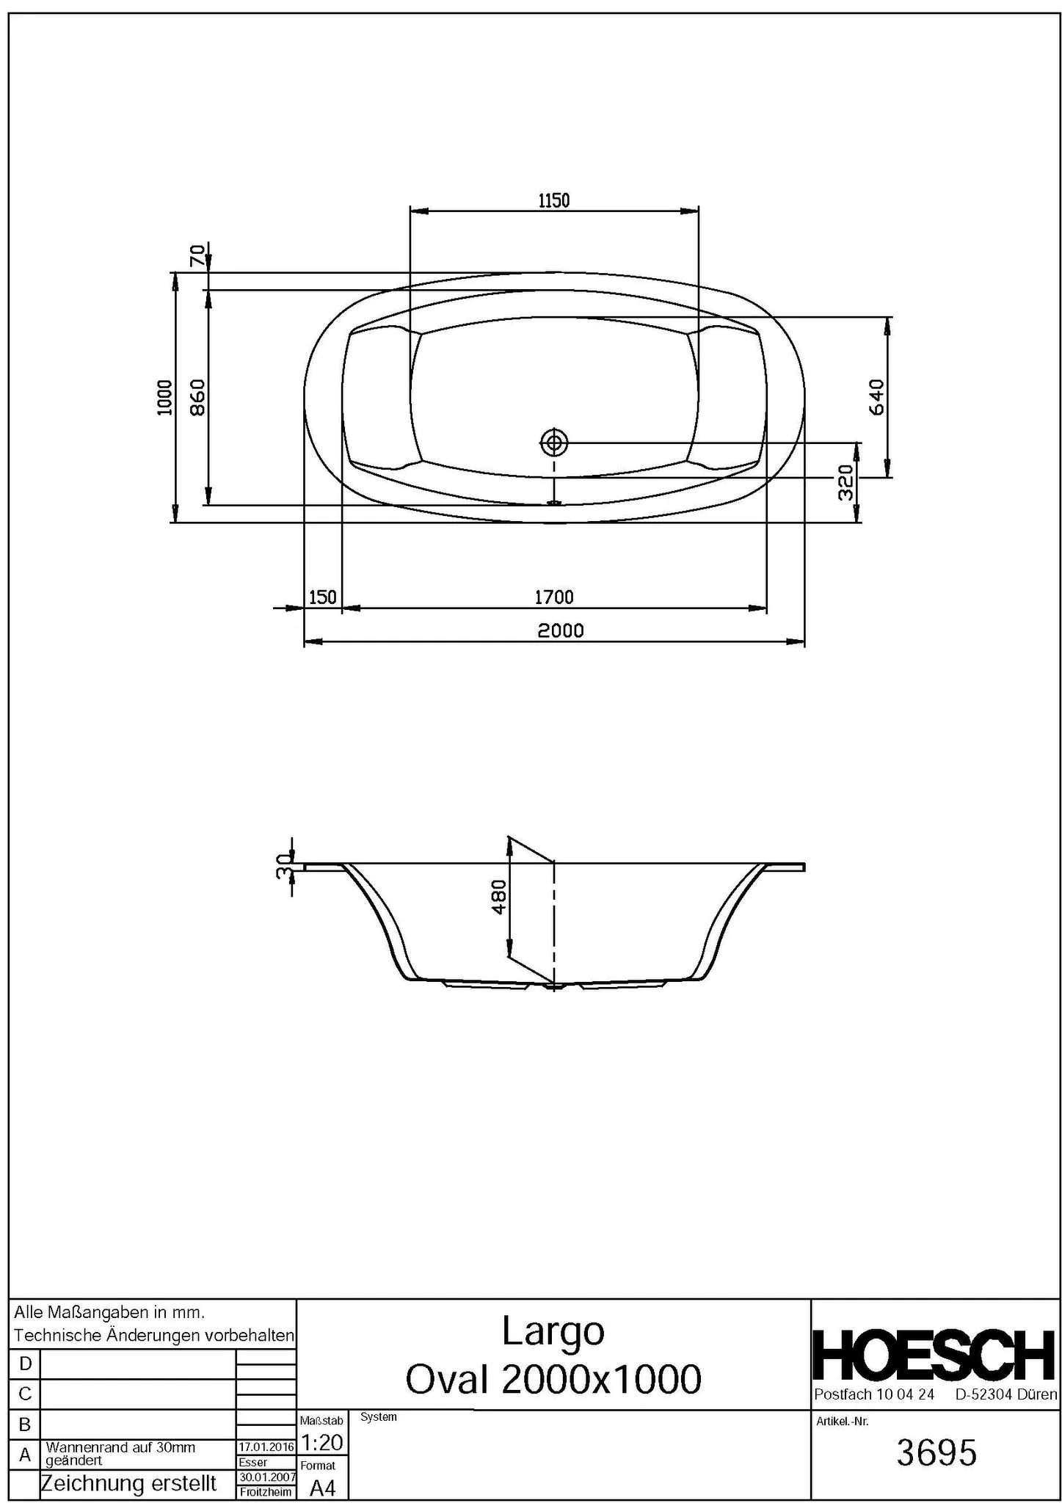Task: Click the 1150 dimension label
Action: [x=553, y=200]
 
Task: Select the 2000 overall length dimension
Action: [x=559, y=630]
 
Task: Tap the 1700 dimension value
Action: [x=553, y=597]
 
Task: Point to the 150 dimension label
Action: [x=322, y=597]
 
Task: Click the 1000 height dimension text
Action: [x=164, y=397]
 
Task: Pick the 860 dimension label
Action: [x=197, y=397]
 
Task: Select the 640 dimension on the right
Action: [x=876, y=397]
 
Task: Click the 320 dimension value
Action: [x=846, y=482]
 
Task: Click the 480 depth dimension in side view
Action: [x=498, y=897]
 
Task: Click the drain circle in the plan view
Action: [x=554, y=443]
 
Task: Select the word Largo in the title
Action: [x=553, y=1331]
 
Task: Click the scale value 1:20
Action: [x=321, y=1443]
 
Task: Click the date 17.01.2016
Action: [x=266, y=1446]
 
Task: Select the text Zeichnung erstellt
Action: [x=128, y=1483]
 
